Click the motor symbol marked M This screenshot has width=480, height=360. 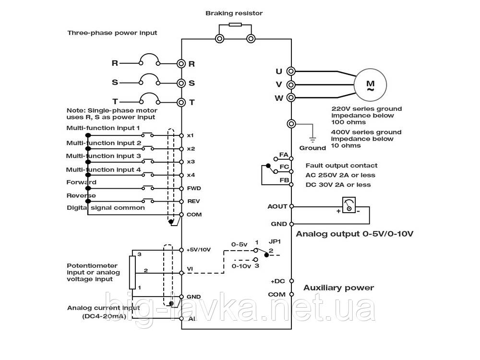tap(370, 84)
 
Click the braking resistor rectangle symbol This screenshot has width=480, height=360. tap(235, 25)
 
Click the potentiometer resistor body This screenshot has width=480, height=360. tap(132, 273)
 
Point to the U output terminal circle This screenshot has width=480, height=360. tap(290, 71)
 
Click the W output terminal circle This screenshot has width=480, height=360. tap(290, 98)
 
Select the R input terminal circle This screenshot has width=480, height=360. tap(181, 63)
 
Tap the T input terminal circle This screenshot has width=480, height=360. tap(181, 102)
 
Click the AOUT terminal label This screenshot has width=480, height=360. tap(277, 206)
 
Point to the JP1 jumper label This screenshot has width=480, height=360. tap(274, 242)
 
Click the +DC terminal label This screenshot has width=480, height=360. tap(278, 281)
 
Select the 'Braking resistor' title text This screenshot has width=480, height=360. tap(234, 13)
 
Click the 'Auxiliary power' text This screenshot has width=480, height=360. tap(338, 288)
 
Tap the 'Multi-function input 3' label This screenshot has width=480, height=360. tap(103, 156)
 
